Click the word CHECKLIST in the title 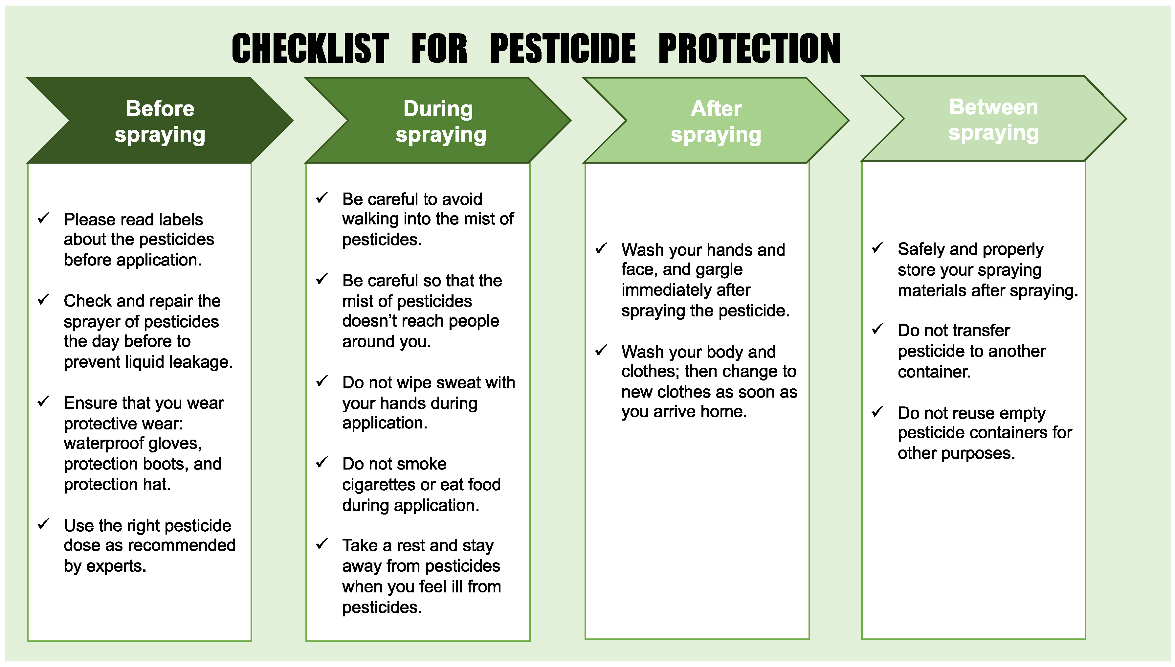(310, 49)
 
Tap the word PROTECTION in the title (749, 49)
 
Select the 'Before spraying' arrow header (160, 121)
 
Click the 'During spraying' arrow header (438, 121)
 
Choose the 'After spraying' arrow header (716, 121)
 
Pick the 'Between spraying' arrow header (994, 119)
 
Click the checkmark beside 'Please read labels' (43, 218)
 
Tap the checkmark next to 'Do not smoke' (322, 462)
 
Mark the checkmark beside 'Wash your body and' (601, 351)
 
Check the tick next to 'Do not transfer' (877, 329)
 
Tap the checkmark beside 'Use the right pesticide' (43, 524)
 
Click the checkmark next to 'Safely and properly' (877, 248)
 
